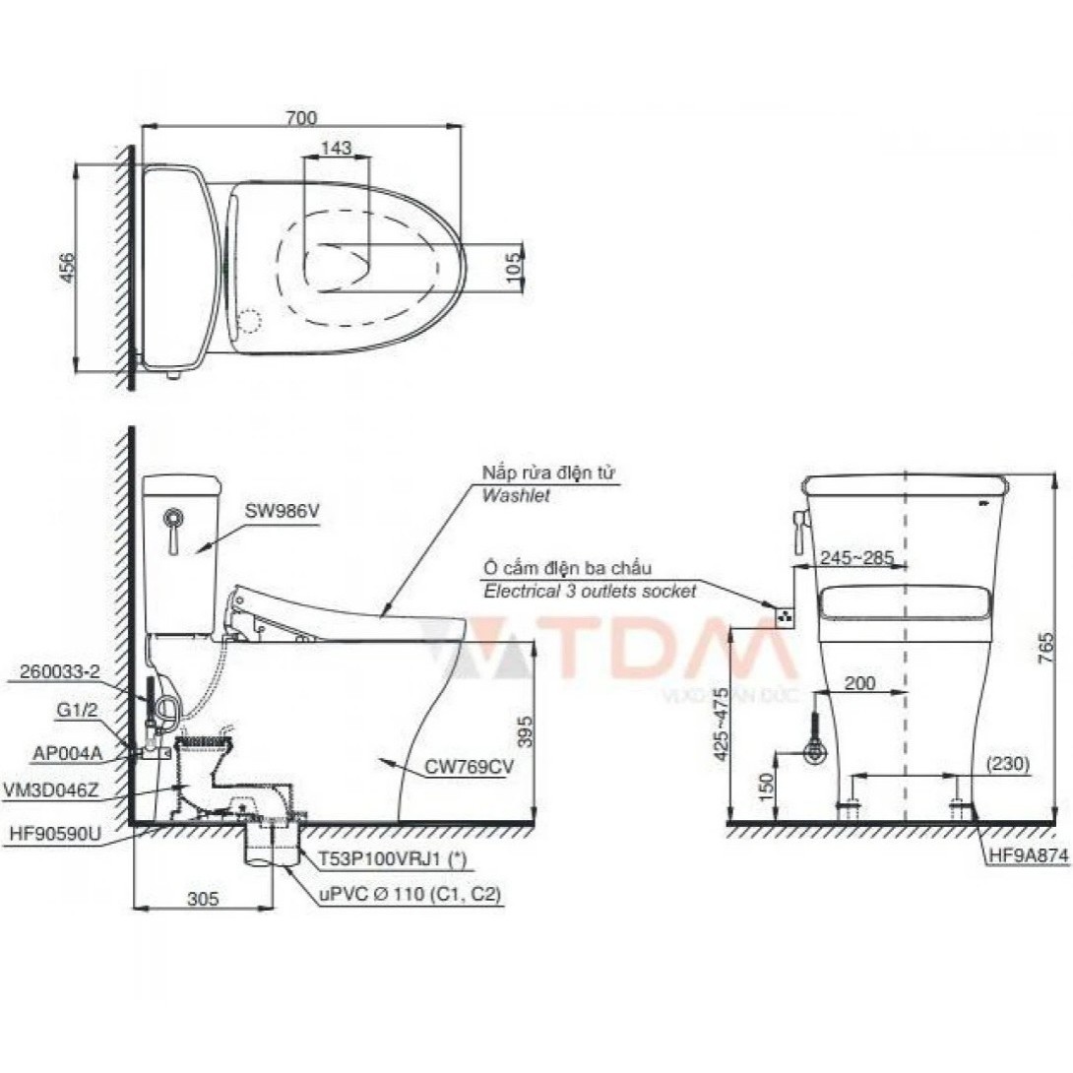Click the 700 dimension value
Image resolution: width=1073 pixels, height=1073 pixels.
click(x=301, y=118)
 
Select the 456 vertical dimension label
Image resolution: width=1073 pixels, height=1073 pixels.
click(x=68, y=268)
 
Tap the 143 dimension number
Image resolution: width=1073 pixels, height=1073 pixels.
click(x=336, y=147)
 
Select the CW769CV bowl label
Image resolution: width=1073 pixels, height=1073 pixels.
click(x=470, y=767)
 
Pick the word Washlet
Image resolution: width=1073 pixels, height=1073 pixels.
click(x=516, y=495)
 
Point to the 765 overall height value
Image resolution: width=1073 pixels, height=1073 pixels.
click(x=1046, y=648)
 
